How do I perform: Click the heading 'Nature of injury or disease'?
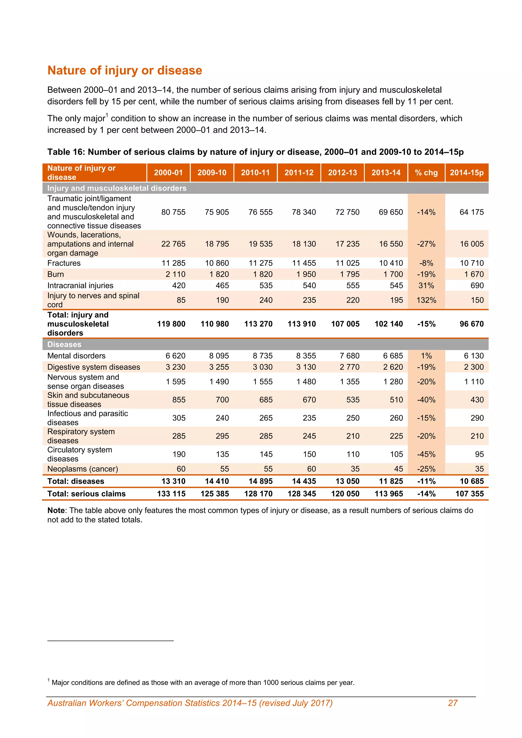pos(125,70)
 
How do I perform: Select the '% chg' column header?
pos(426,173)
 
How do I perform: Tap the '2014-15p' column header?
pos(466,173)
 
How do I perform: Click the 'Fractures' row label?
pos(64,263)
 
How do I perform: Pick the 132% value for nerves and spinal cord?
pos(426,300)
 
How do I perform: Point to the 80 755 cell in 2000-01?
pos(173,212)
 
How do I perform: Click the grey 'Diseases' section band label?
pos(64,344)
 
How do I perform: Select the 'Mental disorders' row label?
pos(76,355)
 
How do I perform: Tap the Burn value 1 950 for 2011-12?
pos(304,274)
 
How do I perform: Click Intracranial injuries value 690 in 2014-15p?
pos(477,285)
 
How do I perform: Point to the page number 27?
pos(453,703)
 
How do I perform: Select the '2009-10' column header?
pos(212,173)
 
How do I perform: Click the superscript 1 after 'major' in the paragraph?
pos(107,115)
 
